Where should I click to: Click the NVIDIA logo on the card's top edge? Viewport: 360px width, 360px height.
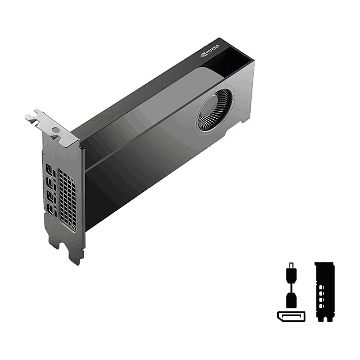coord(210,50)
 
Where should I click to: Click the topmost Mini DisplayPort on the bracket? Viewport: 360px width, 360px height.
coord(50,169)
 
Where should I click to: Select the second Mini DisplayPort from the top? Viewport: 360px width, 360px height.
coord(51,182)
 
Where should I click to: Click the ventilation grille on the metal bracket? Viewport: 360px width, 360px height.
coord(67,196)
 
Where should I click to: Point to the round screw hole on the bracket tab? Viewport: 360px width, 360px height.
coord(55,130)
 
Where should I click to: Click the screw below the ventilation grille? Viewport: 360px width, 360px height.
coord(74,228)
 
